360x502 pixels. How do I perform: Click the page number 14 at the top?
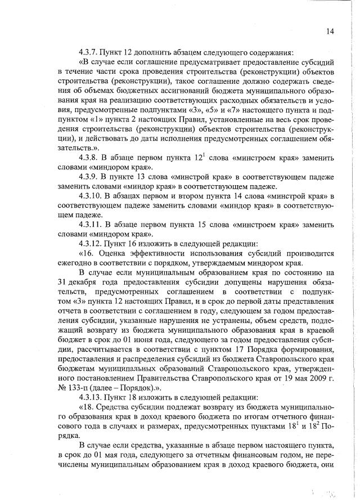pyautogui.click(x=330, y=32)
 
